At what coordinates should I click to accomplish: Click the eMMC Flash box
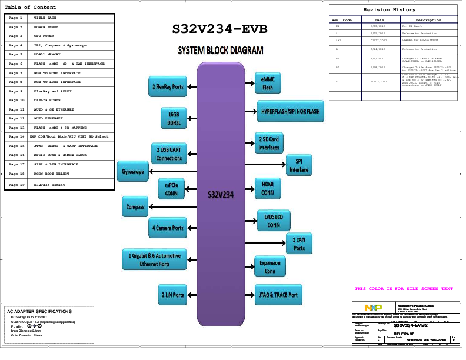(x=268, y=83)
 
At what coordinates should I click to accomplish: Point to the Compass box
(x=135, y=206)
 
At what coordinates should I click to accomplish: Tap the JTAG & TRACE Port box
(x=278, y=295)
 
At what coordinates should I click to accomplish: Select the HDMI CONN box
(x=268, y=188)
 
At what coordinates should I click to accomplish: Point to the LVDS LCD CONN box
(x=274, y=221)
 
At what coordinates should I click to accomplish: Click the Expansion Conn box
(x=270, y=266)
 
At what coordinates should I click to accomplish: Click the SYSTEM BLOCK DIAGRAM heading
(x=221, y=51)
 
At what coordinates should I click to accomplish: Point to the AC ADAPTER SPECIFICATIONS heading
(x=39, y=311)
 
